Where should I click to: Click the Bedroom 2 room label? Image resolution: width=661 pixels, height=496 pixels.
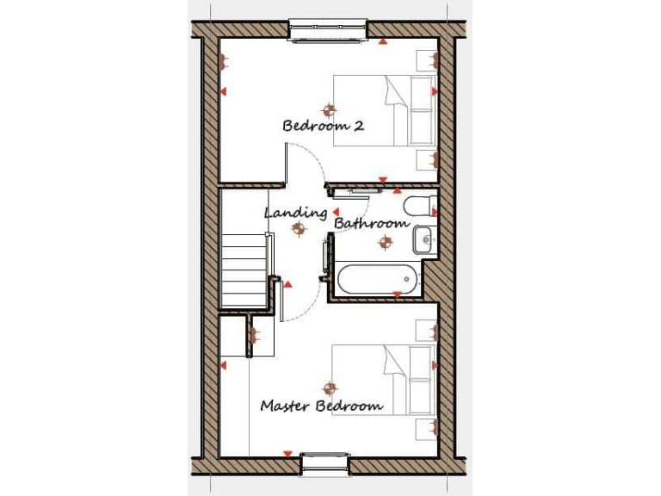(323, 126)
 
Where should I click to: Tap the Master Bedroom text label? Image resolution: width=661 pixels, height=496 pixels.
(321, 406)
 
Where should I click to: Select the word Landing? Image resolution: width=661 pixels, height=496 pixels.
(295, 212)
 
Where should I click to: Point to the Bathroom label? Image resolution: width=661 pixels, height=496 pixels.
(371, 223)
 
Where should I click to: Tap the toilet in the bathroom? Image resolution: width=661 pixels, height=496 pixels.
(420, 207)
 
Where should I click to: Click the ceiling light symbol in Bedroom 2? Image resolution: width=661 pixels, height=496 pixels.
(327, 109)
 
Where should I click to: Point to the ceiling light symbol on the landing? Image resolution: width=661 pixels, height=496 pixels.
(299, 228)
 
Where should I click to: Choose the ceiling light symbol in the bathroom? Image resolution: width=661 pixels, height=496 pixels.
(384, 243)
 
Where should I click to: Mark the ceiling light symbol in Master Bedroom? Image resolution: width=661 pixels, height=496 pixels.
(327, 389)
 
